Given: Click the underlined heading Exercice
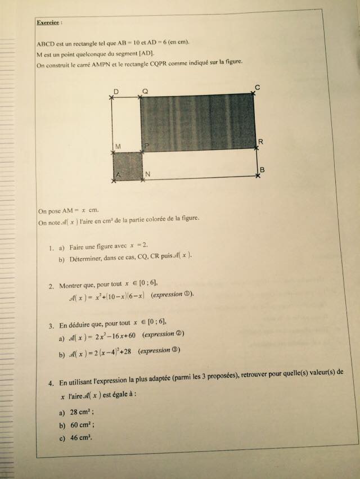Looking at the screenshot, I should pyautogui.click(x=49, y=22).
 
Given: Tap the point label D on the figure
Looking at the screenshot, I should pyautogui.click(x=115, y=91).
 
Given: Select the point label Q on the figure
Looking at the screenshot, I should pyautogui.click(x=145, y=91).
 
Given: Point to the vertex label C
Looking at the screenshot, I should pyautogui.click(x=256, y=87).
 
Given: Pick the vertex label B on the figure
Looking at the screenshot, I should pyautogui.click(x=262, y=170).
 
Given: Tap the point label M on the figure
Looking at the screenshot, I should pyautogui.click(x=118, y=146).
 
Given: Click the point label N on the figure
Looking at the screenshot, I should pyautogui.click(x=147, y=175).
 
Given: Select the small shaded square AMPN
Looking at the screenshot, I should pyautogui.click(x=127, y=166).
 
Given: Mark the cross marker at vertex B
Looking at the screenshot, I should pyautogui.click(x=257, y=176).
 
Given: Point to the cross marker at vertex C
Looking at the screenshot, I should pyautogui.click(x=253, y=94).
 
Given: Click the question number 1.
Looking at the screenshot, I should pyautogui.click(x=51, y=247).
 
